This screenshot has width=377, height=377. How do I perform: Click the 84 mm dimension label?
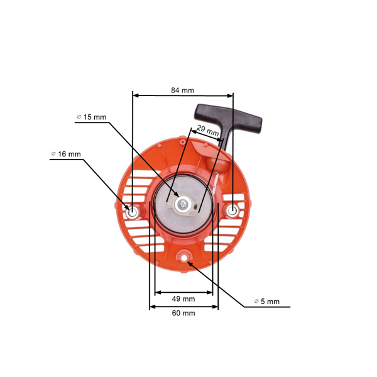pos(182,90)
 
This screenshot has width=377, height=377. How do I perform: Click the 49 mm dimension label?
pos(183,299)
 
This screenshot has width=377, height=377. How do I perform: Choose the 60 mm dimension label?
pos(183,313)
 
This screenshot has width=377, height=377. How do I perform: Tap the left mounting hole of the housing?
pos(133,211)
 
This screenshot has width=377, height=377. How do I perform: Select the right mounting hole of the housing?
pos(232,210)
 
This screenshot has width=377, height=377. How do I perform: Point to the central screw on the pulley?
pos(183,204)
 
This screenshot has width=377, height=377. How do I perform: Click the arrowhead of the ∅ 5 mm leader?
pos(188,259)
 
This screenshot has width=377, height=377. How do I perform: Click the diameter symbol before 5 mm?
pos(256,302)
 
